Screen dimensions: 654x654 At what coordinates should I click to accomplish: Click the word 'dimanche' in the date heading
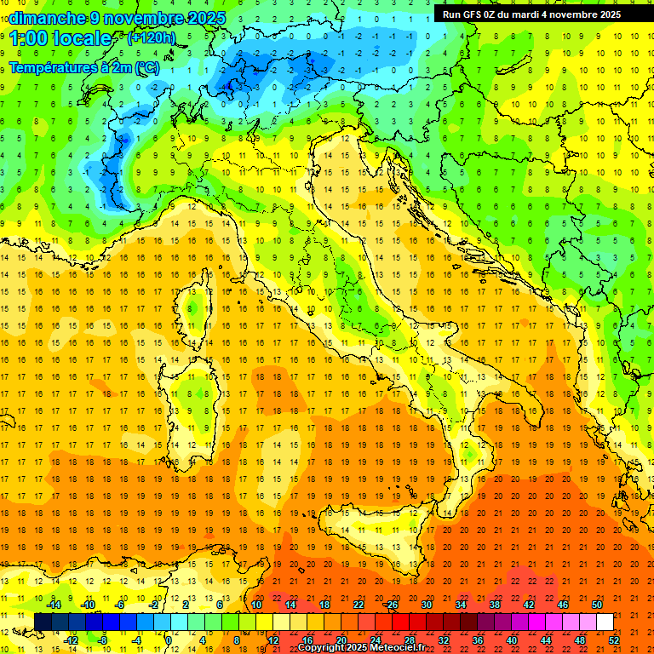tap(44, 18)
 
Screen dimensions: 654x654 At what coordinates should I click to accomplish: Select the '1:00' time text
tap(29, 39)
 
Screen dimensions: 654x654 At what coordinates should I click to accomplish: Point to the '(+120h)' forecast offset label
tap(152, 38)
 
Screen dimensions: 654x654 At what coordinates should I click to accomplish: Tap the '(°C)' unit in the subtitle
tap(146, 67)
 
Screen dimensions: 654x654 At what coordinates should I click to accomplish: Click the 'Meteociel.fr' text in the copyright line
tap(398, 648)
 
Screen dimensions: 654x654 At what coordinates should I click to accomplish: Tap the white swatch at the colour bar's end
tap(605, 622)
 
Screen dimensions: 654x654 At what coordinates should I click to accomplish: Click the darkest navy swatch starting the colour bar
tap(43, 622)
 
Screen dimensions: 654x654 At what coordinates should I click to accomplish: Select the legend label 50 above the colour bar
tap(596, 605)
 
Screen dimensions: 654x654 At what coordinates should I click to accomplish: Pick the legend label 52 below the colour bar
tap(614, 640)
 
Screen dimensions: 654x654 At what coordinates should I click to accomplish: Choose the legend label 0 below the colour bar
tap(169, 640)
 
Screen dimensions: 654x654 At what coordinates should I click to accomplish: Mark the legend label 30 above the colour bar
tap(426, 605)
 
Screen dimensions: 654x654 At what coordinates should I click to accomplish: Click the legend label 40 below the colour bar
tap(512, 640)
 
